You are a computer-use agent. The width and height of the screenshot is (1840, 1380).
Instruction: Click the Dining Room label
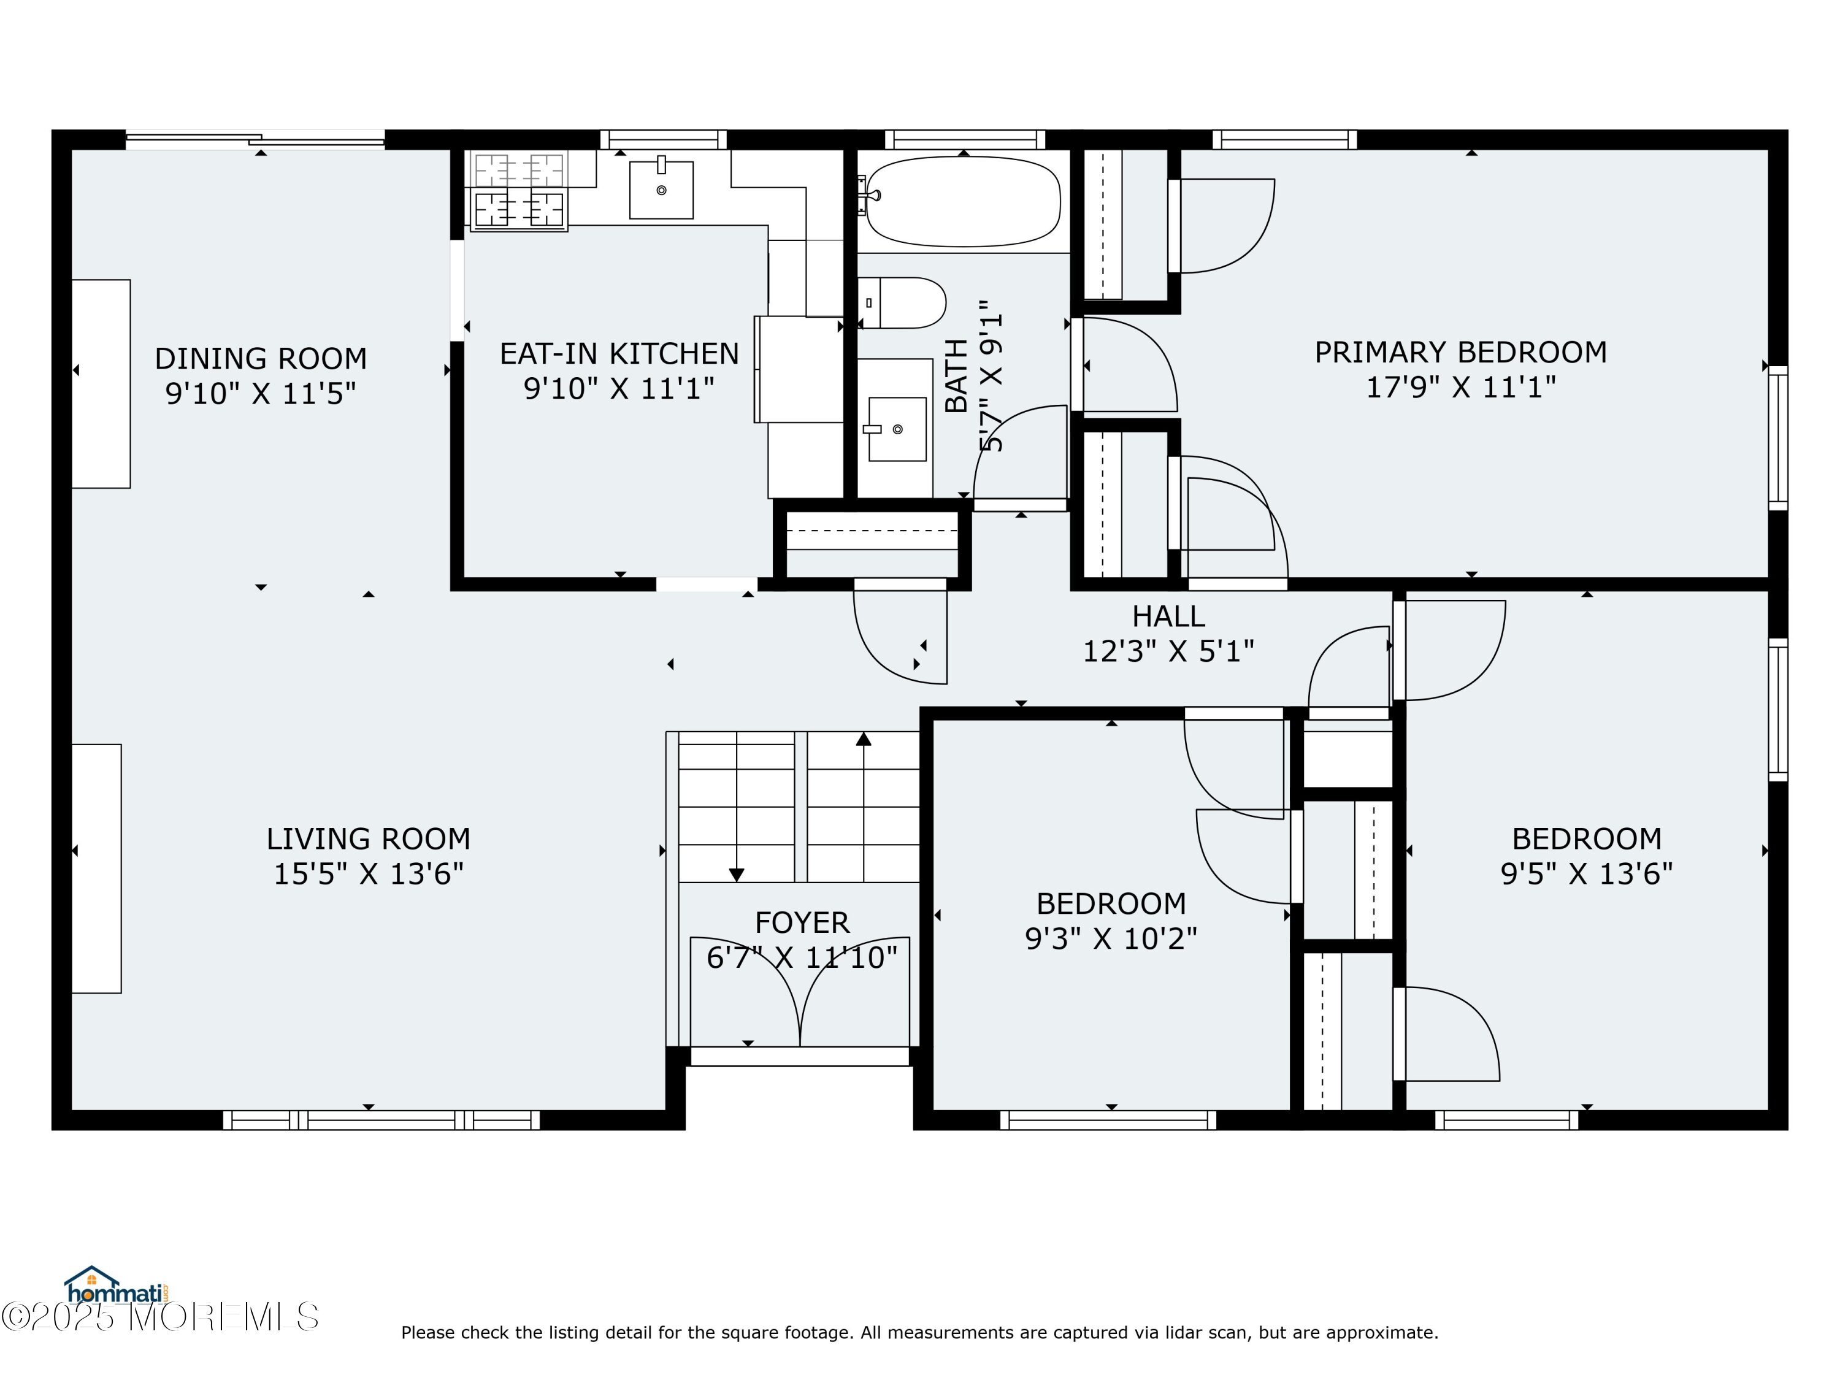tap(261, 359)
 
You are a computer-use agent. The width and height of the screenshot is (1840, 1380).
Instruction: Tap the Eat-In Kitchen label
tap(619, 353)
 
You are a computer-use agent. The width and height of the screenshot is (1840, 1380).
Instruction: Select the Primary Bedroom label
tap(1461, 352)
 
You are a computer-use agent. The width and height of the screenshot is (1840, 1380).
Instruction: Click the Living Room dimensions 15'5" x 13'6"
tap(369, 873)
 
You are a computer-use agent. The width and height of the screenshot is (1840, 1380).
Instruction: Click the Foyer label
tap(802, 922)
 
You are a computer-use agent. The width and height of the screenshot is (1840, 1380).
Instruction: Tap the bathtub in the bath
tap(964, 201)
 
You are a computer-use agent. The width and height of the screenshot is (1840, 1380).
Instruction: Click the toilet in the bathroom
tap(903, 303)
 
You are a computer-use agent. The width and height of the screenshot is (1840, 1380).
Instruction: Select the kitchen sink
tap(661, 190)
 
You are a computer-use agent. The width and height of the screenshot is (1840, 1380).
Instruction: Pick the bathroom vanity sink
tap(897, 428)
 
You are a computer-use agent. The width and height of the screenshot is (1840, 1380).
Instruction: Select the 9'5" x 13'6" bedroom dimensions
tap(1586, 873)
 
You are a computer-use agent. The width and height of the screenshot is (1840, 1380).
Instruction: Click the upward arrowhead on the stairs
tap(864, 738)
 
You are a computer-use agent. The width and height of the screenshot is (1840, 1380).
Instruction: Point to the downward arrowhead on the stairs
tap(736, 874)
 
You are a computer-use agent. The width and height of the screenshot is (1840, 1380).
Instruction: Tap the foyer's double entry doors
tap(800, 992)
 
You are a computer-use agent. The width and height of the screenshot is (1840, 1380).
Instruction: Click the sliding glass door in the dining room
tap(255, 140)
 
